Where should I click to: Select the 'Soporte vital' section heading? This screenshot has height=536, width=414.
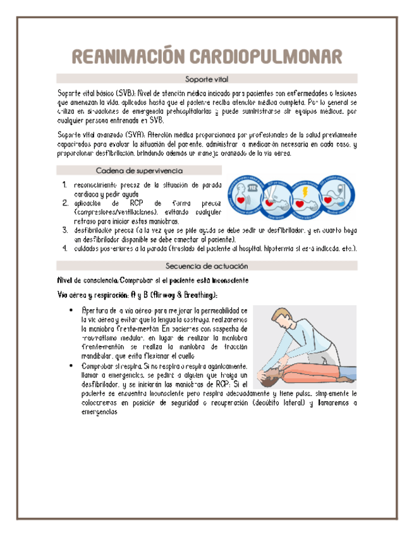207,79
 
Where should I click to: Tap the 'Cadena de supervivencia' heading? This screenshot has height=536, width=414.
139,170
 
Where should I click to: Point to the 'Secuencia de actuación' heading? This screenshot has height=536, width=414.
207,266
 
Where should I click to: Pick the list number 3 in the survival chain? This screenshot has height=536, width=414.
66,231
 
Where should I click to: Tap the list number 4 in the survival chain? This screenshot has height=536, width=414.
66,248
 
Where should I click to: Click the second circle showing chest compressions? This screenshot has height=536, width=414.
276,195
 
